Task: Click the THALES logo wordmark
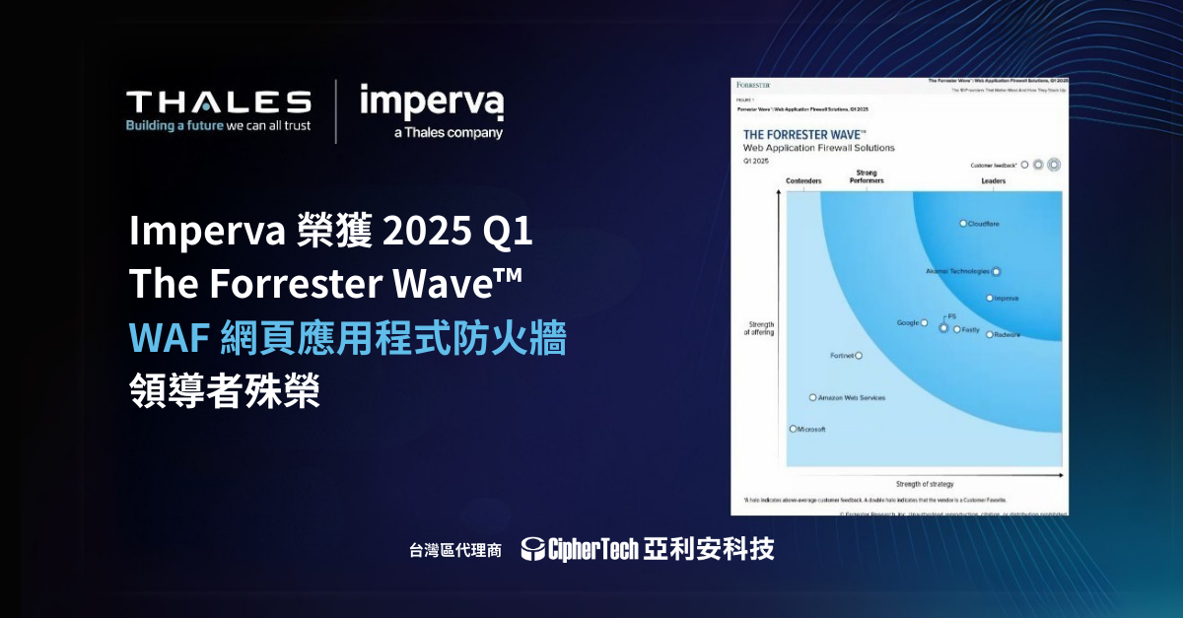click(218, 102)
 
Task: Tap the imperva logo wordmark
click(432, 102)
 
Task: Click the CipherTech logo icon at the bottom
click(533, 549)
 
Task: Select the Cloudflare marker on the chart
click(963, 224)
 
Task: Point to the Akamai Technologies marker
click(996, 271)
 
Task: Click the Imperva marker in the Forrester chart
click(989, 298)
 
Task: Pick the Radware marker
click(989, 335)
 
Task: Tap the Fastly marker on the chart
click(956, 329)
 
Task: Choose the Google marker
click(924, 322)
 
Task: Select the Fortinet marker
click(859, 355)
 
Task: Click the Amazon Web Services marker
click(812, 398)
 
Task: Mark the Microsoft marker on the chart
click(793, 429)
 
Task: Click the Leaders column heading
click(993, 181)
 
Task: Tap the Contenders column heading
click(803, 181)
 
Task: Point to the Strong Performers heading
click(867, 177)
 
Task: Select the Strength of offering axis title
click(759, 328)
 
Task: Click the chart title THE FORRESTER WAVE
click(804, 134)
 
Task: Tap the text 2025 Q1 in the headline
click(455, 233)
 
